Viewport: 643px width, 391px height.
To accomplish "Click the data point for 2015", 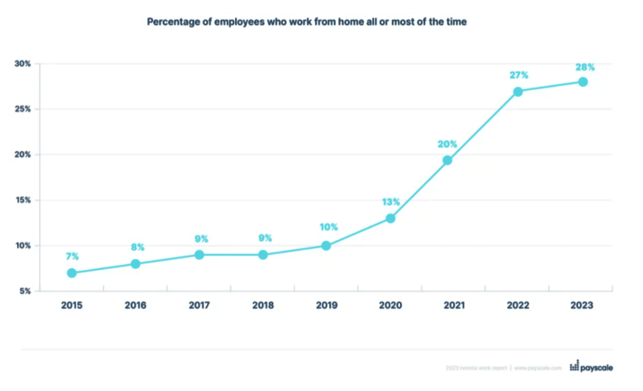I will [71, 272].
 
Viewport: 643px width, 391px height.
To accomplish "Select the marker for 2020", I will [390, 218].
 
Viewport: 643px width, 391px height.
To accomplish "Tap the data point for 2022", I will [519, 91].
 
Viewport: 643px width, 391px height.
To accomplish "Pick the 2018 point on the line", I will [263, 255].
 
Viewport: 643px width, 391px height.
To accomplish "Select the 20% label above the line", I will [447, 144].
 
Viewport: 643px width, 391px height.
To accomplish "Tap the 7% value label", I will [72, 256].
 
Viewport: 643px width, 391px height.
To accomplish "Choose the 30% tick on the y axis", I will [23, 64].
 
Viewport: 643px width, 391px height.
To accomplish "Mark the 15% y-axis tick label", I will [23, 200].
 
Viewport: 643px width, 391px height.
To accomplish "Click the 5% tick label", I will [25, 292].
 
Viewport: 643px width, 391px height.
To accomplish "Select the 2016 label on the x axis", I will [135, 306].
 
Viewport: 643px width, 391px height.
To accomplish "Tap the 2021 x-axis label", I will [454, 306].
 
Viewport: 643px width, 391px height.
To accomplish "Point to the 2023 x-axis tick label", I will [583, 306].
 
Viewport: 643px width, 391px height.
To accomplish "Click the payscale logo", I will [592, 367].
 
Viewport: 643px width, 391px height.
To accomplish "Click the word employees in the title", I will [241, 22].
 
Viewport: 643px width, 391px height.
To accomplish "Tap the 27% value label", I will [519, 76].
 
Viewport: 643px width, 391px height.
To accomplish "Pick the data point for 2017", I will [199, 255].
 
